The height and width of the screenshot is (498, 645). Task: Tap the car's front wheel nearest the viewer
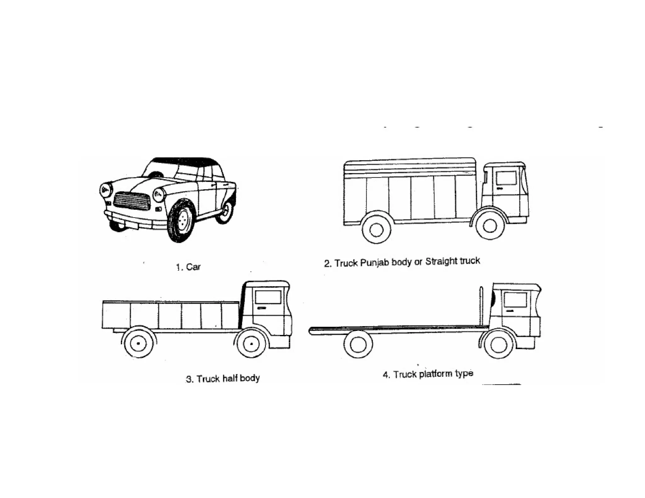pyautogui.click(x=181, y=221)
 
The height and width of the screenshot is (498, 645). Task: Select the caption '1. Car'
pyautogui.click(x=188, y=267)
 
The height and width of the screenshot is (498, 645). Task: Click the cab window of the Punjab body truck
pyautogui.click(x=506, y=178)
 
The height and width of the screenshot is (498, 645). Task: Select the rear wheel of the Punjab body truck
pyautogui.click(x=376, y=229)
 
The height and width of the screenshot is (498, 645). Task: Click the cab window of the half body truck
pyautogui.click(x=268, y=297)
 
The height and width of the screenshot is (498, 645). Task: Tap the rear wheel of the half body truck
pyautogui.click(x=139, y=343)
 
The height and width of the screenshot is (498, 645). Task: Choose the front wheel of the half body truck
pyautogui.click(x=251, y=343)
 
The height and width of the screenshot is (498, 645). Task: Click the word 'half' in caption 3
pyautogui.click(x=230, y=378)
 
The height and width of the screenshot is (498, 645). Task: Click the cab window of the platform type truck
pyautogui.click(x=515, y=300)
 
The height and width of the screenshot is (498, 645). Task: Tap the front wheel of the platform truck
pyautogui.click(x=499, y=345)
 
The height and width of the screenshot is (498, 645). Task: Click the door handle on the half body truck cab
pyautogui.click(x=261, y=308)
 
